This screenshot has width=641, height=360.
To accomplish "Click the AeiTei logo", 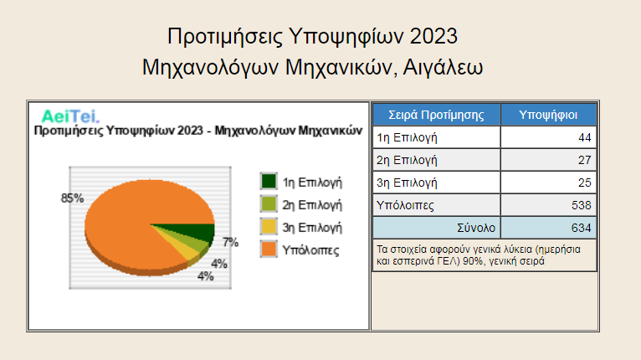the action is (70, 116).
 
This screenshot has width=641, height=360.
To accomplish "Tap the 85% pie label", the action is (72, 198).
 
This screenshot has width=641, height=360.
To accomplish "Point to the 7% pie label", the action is (231, 242).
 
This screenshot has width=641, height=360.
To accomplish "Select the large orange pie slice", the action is (135, 213).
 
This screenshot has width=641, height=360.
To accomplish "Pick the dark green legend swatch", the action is (269, 181).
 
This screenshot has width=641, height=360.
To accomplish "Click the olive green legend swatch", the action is (269, 203).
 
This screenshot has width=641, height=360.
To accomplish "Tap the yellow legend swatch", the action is (269, 226).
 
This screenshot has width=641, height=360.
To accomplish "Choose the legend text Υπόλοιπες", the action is (310, 250).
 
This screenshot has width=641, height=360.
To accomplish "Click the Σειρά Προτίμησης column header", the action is (436, 115).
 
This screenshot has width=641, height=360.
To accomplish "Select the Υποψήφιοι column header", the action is (548, 115).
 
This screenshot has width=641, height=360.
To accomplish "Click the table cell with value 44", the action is (548, 137).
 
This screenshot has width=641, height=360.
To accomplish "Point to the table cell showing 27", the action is (548, 160).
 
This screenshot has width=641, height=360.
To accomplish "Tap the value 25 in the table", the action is (585, 183).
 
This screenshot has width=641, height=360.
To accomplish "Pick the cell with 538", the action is (548, 205).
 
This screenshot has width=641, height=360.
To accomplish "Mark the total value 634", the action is (582, 228).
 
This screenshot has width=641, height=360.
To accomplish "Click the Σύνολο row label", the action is (476, 228).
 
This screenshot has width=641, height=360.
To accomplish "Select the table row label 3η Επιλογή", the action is (407, 183).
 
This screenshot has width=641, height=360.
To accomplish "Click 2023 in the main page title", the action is (433, 36).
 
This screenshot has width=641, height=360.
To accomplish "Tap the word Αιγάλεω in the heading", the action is (443, 68).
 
